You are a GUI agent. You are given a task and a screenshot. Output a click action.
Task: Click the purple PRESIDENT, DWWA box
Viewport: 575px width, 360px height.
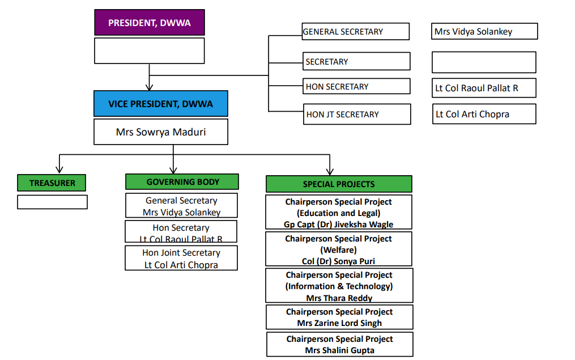149,24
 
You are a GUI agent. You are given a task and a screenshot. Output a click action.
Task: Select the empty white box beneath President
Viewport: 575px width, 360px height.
149,50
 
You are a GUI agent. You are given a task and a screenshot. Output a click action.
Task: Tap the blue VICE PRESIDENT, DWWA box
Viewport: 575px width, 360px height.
160,104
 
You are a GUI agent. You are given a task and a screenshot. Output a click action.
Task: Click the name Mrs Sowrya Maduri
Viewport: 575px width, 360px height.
160,132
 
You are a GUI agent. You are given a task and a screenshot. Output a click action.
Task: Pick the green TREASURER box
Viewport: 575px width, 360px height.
52,183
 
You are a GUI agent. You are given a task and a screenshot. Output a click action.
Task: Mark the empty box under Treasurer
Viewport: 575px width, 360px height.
52,202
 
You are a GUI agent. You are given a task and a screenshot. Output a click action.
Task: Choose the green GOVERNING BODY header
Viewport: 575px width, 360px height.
182,182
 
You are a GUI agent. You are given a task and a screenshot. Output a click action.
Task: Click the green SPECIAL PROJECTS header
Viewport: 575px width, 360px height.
339,184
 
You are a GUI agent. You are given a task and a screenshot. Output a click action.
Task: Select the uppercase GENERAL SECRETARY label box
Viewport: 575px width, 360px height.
355,32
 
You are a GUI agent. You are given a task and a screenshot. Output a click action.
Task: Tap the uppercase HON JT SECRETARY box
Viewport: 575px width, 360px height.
356,114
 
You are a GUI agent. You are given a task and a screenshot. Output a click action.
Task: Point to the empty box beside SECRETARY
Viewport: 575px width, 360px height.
484,62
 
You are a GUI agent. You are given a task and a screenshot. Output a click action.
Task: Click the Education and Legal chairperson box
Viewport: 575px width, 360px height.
339,213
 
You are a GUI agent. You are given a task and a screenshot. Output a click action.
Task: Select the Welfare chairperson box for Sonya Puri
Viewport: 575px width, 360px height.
339,249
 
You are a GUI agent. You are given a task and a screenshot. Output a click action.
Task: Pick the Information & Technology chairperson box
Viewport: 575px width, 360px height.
339,286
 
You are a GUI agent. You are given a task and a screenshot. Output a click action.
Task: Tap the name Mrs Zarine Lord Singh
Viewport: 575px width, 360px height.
339,323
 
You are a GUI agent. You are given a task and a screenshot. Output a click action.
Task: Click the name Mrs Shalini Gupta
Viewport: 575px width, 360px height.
339,350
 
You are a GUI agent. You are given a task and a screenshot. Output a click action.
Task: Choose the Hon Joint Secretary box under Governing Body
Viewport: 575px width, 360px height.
181,259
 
